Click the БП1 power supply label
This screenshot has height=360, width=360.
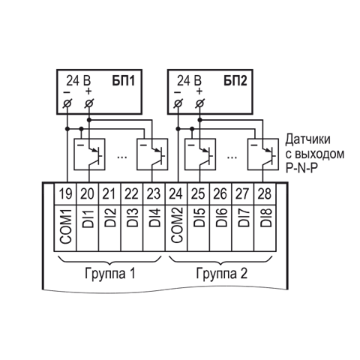click(x=123, y=81)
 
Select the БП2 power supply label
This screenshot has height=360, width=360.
click(x=235, y=81)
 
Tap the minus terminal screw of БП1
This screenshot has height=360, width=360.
click(x=67, y=103)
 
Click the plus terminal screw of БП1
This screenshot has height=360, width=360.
click(x=89, y=103)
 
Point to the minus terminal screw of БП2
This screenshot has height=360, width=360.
click(x=178, y=103)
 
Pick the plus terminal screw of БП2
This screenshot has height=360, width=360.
click(x=199, y=103)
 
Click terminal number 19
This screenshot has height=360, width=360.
click(x=65, y=193)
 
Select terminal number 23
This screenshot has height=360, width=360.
click(x=154, y=193)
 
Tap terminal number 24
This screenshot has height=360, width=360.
click(x=175, y=193)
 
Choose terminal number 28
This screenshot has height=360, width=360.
click(x=265, y=193)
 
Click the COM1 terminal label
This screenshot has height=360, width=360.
click(x=66, y=226)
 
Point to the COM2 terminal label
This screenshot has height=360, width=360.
click(x=177, y=226)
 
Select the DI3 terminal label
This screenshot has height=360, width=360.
click(x=132, y=217)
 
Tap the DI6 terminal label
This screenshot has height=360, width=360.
click(x=221, y=217)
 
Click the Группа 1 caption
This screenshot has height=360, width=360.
click(x=110, y=274)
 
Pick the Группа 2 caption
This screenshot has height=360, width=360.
click(x=222, y=274)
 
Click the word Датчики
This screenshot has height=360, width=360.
click(x=308, y=139)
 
